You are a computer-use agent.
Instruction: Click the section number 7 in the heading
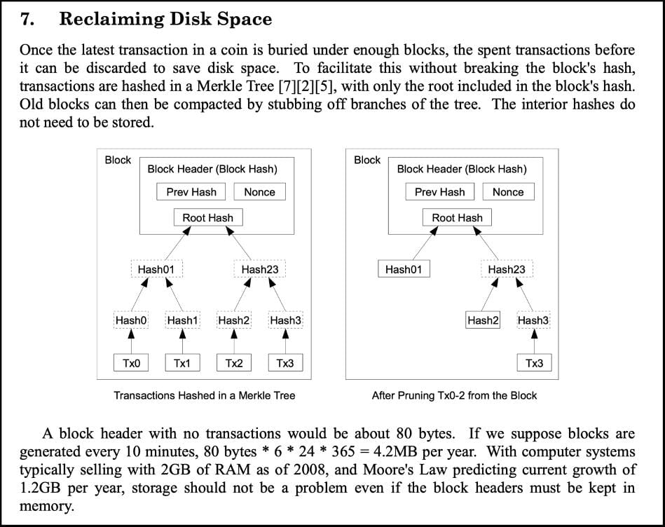point(27,20)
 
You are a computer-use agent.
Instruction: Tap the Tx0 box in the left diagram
point(131,363)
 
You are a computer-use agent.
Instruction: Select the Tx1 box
point(182,363)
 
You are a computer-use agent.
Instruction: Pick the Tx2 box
point(234,363)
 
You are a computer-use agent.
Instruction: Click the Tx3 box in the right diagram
point(535,363)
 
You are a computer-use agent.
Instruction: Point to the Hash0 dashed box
point(131,320)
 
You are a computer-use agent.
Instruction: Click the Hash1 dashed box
point(182,320)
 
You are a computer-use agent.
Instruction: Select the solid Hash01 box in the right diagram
point(404,269)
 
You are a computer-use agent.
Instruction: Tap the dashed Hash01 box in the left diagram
point(156,269)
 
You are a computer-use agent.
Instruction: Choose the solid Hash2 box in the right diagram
point(483,320)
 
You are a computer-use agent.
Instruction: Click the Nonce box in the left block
point(259,191)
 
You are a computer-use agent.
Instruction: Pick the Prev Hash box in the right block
point(440,191)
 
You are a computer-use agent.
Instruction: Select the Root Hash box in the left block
point(208,217)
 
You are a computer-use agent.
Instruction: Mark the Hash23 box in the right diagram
point(507,269)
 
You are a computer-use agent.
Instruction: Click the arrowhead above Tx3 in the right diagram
point(535,334)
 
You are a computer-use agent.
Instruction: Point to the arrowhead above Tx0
point(131,334)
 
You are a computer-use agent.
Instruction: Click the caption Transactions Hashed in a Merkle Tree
point(205,395)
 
